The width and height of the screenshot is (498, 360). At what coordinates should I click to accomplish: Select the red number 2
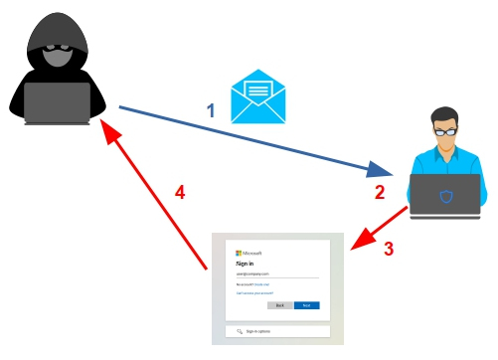pyautogui.click(x=379, y=192)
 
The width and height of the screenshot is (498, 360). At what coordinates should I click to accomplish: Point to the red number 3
pyautogui.click(x=389, y=249)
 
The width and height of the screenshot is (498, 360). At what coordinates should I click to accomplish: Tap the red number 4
pyautogui.click(x=180, y=191)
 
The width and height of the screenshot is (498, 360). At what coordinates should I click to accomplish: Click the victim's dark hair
pyautogui.click(x=444, y=115)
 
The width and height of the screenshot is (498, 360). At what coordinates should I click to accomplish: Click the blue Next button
pyautogui.click(x=306, y=305)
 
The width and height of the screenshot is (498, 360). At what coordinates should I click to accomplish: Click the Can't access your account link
pyautogui.click(x=255, y=293)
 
